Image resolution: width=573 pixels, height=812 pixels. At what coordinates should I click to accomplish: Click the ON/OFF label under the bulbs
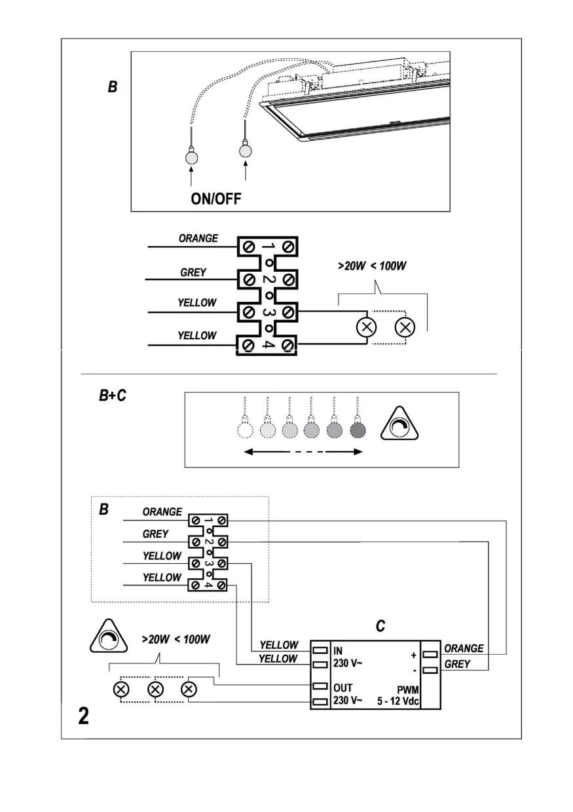(x=215, y=198)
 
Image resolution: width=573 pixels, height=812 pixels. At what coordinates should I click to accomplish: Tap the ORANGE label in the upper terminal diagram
(x=198, y=239)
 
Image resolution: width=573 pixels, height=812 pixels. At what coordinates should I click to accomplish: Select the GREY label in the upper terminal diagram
(x=193, y=272)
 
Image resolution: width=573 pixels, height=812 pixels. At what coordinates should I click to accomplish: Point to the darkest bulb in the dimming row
(x=357, y=430)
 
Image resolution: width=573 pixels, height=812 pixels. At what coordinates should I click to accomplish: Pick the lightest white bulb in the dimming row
(x=244, y=430)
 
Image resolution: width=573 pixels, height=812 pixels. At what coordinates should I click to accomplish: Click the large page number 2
(x=83, y=716)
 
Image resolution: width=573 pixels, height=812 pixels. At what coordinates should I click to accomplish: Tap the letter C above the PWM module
(x=380, y=627)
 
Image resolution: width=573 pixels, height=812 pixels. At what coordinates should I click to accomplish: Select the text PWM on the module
(x=407, y=690)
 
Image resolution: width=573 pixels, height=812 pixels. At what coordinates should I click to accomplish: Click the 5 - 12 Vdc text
(x=398, y=701)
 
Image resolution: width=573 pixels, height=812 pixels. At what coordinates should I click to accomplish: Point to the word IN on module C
(x=338, y=650)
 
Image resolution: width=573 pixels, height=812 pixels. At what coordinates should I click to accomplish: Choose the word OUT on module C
(x=342, y=688)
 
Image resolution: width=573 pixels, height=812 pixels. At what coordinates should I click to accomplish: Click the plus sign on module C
(x=413, y=654)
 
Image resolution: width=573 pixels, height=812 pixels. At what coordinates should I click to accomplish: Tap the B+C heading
(x=113, y=396)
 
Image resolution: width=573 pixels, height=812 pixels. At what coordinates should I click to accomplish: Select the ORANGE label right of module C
(x=464, y=648)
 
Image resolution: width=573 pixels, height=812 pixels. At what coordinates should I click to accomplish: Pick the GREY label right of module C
(x=457, y=664)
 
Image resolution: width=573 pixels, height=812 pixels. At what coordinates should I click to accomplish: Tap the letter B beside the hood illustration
(x=113, y=86)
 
